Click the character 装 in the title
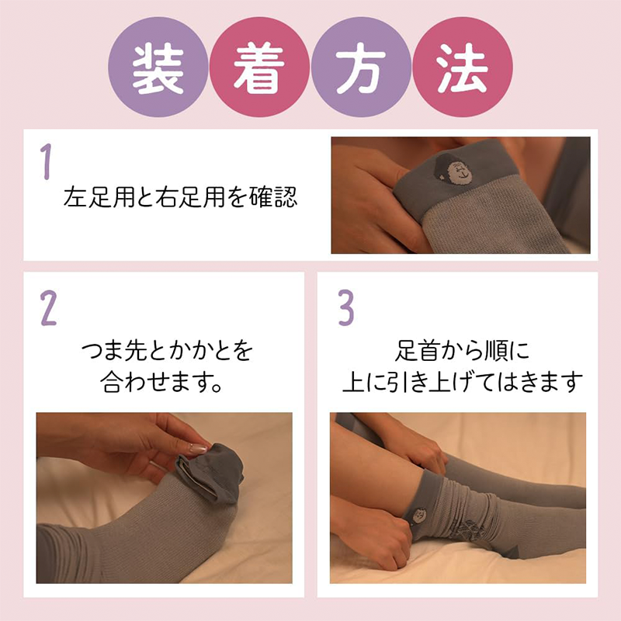click(158, 71)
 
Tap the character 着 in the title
click(259, 71)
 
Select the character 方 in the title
click(360, 71)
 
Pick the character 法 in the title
click(462, 71)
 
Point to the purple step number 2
click(48, 308)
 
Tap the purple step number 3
click(345, 308)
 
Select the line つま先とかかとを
click(167, 352)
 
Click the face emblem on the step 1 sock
click(449, 168)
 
